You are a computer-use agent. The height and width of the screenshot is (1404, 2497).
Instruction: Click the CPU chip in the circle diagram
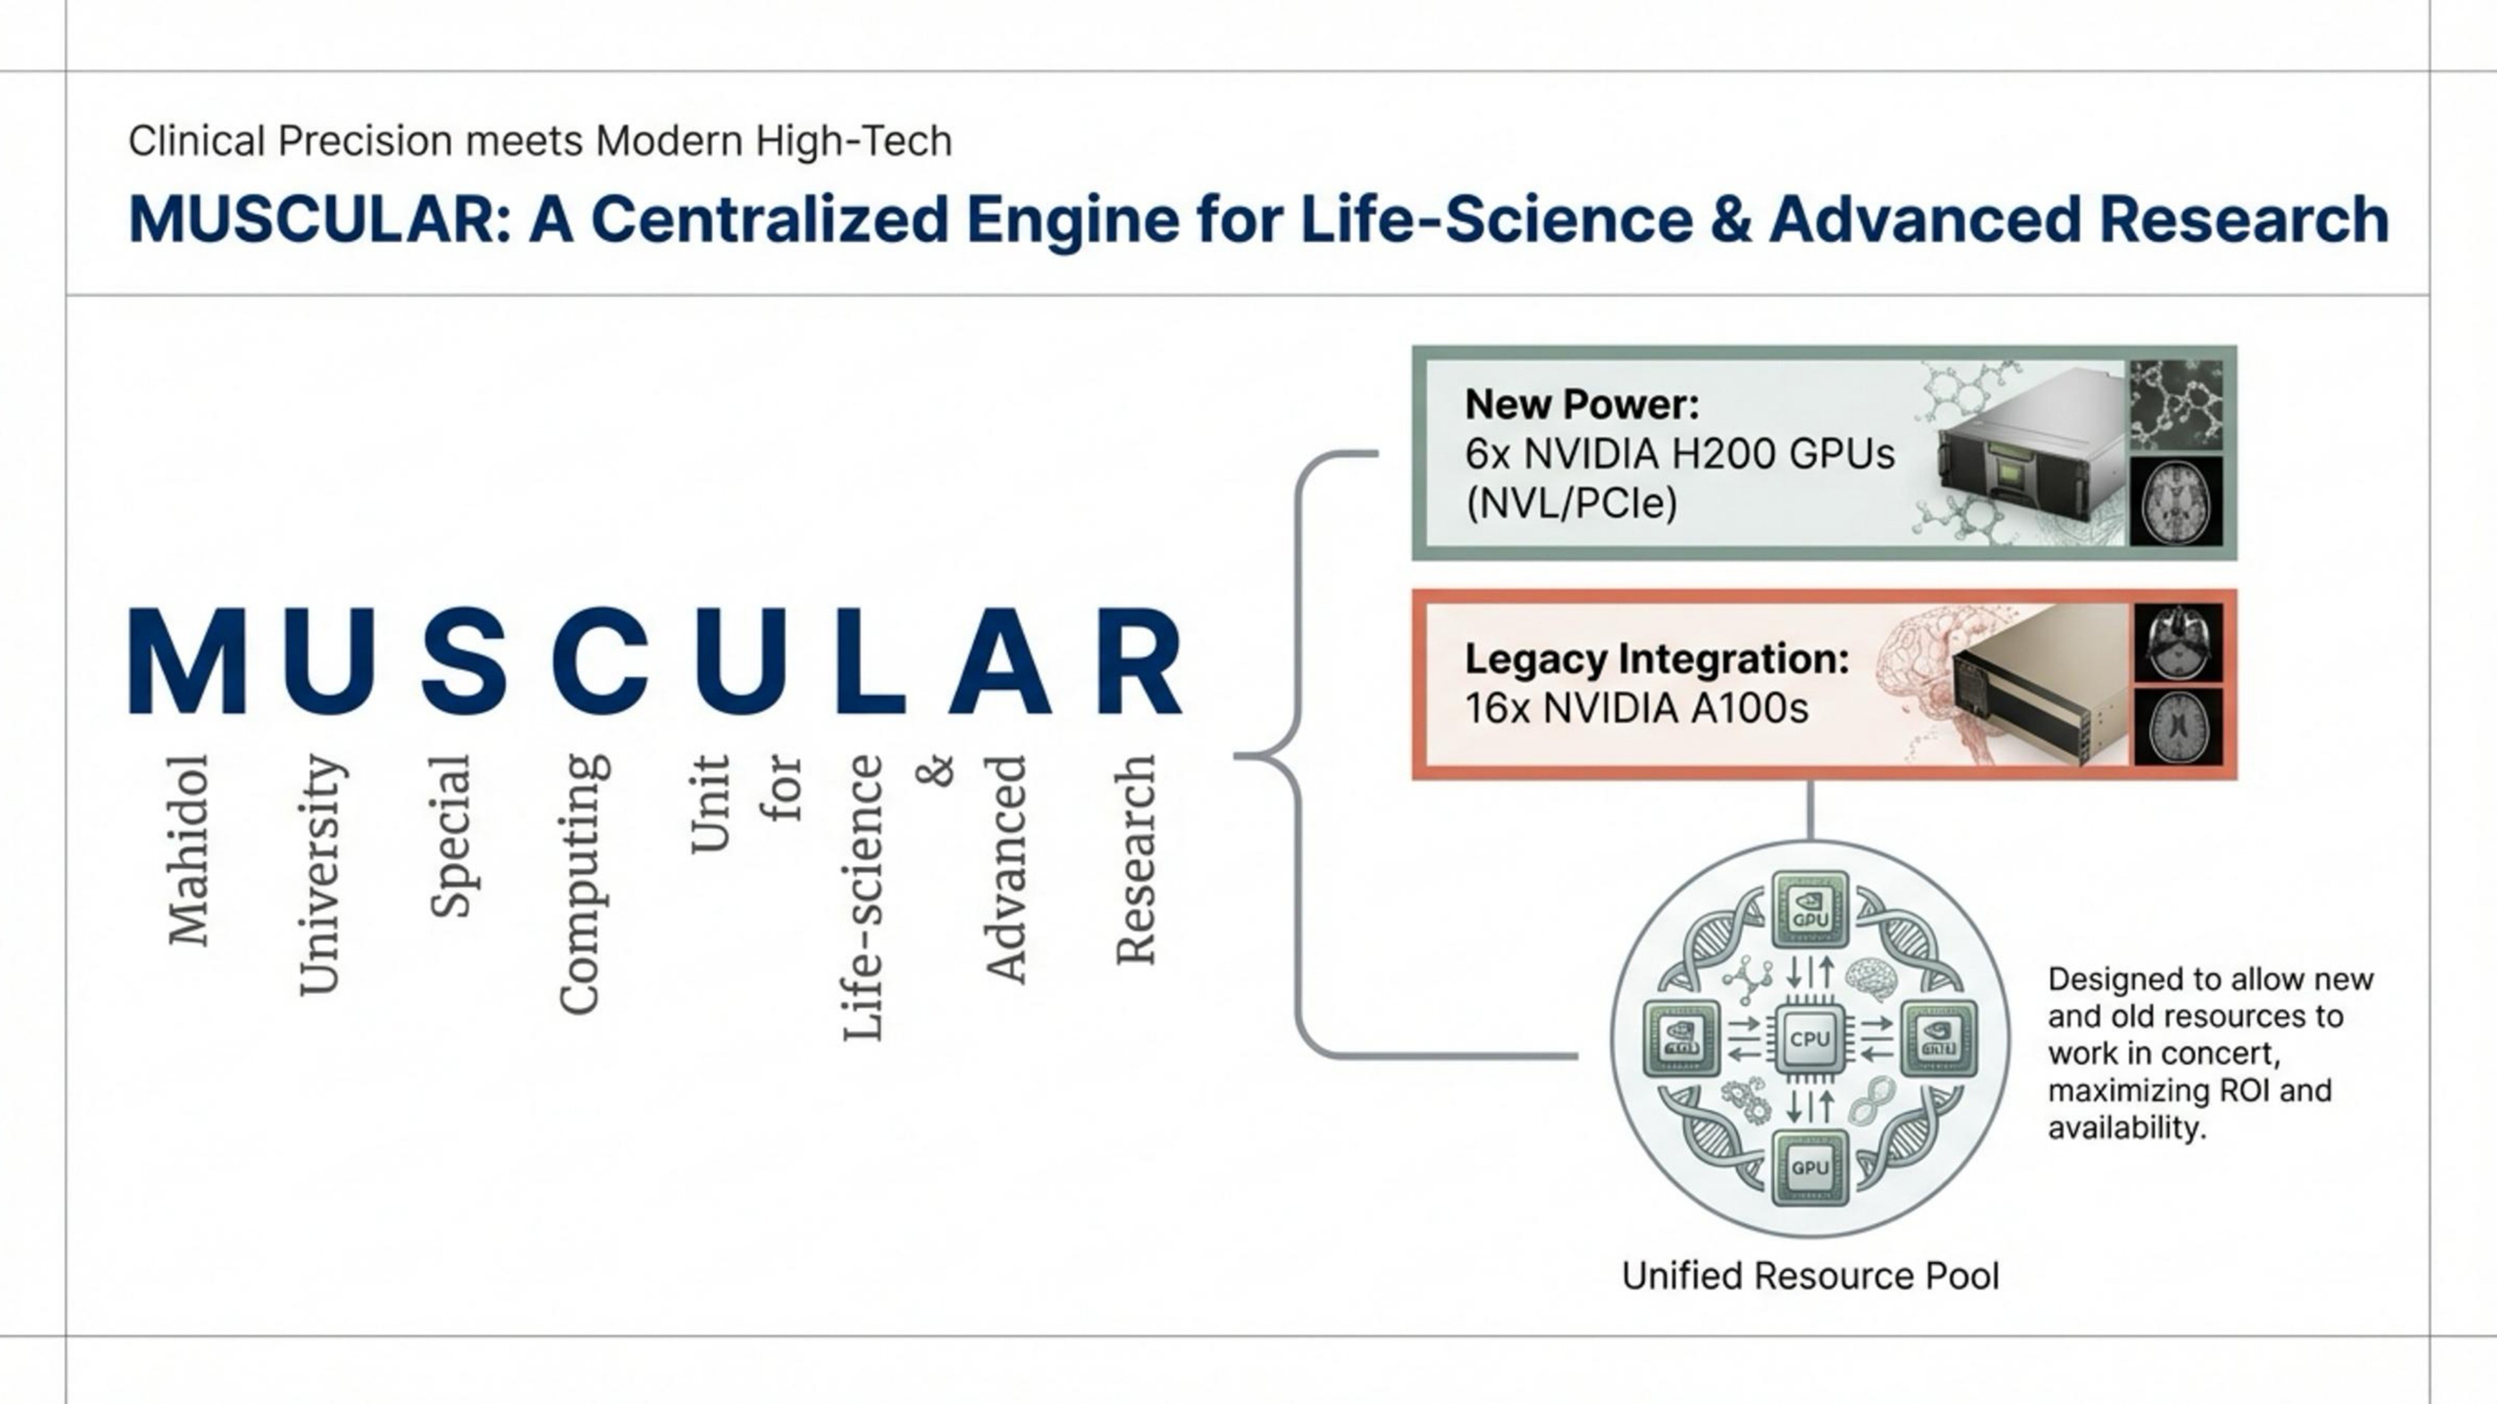tap(1809, 1039)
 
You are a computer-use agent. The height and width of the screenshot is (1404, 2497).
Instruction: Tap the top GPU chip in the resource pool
tap(1810, 908)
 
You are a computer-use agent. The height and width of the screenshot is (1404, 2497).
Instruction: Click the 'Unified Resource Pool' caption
tap(1810, 1276)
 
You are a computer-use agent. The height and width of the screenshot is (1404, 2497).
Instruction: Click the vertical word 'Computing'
tap(583, 883)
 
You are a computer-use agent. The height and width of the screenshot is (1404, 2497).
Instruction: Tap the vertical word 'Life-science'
tap(863, 898)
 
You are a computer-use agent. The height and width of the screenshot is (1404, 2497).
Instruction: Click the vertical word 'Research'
tap(1135, 859)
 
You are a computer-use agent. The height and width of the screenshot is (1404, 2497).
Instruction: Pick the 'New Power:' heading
tap(1582, 404)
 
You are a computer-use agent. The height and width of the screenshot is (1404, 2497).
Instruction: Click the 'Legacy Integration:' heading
tap(1657, 659)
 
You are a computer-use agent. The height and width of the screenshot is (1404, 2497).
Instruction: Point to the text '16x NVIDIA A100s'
tap(1636, 709)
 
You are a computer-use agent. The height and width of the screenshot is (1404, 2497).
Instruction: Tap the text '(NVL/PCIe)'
tap(1571, 503)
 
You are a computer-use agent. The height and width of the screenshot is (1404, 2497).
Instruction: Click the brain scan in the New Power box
tap(2175, 502)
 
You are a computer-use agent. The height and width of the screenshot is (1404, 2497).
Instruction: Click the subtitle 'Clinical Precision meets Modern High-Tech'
tap(540, 141)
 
